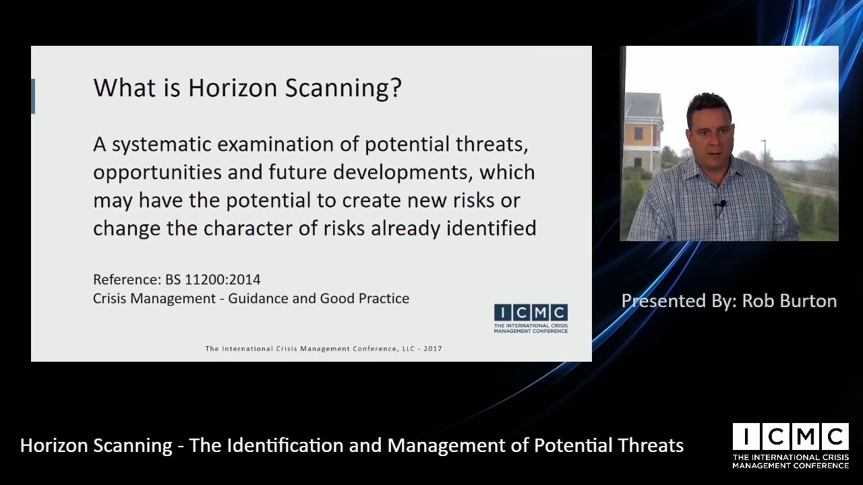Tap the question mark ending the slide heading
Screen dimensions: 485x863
(396, 88)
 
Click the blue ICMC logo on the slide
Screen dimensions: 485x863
(531, 318)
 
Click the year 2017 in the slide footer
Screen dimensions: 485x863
(433, 349)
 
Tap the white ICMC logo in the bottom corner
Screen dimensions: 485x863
(790, 445)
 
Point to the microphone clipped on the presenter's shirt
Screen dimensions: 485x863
(721, 205)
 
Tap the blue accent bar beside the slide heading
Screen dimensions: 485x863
(33, 96)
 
